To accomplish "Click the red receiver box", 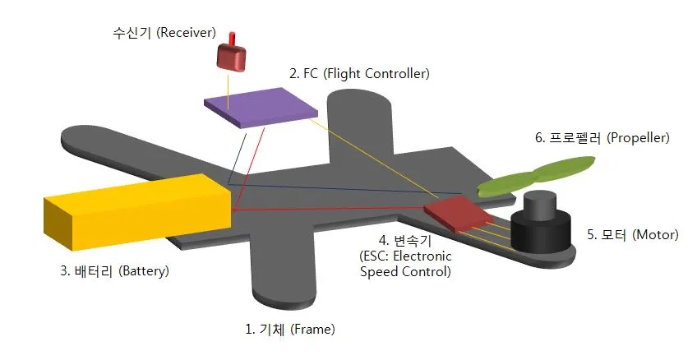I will [x=232, y=57].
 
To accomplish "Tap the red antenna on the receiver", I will [x=233, y=38].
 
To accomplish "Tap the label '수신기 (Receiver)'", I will [x=164, y=33].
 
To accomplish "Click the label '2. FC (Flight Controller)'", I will [x=359, y=73].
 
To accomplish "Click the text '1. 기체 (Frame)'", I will [x=290, y=329].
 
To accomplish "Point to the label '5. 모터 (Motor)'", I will [x=632, y=234].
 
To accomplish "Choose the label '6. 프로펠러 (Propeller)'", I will [x=602, y=138].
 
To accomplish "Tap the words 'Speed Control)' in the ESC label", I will [x=406, y=271].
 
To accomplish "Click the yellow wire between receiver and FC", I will [x=228, y=82].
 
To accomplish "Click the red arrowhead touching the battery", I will [x=237, y=210].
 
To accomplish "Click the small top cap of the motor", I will [x=541, y=201].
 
